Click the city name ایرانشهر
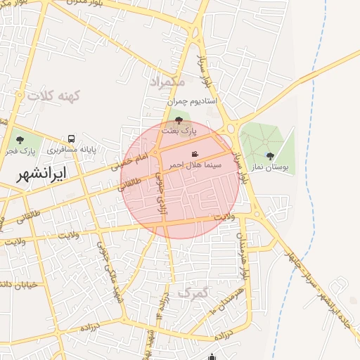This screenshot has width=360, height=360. [x=44, y=172]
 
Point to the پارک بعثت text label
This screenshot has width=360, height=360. [x=176, y=131]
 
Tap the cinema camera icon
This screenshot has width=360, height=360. [x=195, y=154]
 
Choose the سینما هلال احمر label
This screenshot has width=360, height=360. [x=193, y=165]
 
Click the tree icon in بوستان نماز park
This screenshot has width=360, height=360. [x=270, y=156]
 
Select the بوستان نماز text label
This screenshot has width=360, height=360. [x=270, y=167]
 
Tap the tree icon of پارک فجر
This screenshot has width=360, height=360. [x=18, y=140]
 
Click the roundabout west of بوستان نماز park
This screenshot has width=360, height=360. [x=230, y=129]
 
